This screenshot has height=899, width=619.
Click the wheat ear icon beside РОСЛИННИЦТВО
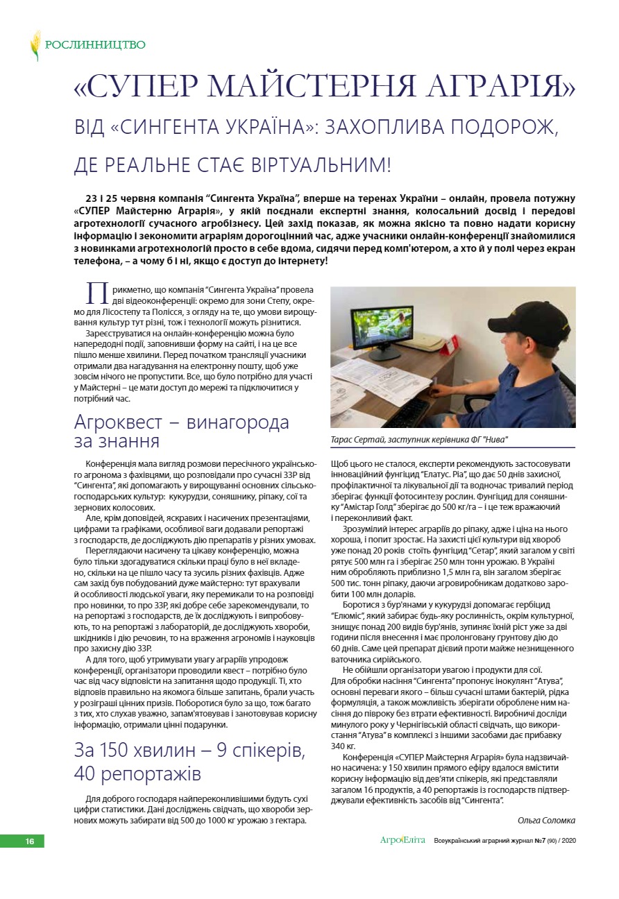[35, 45]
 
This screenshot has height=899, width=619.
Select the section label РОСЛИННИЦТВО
[95, 45]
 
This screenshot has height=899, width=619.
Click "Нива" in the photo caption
[495, 440]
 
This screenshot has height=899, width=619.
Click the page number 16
[30, 841]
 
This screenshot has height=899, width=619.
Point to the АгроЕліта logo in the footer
[402, 840]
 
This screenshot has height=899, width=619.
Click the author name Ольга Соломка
[546, 820]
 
